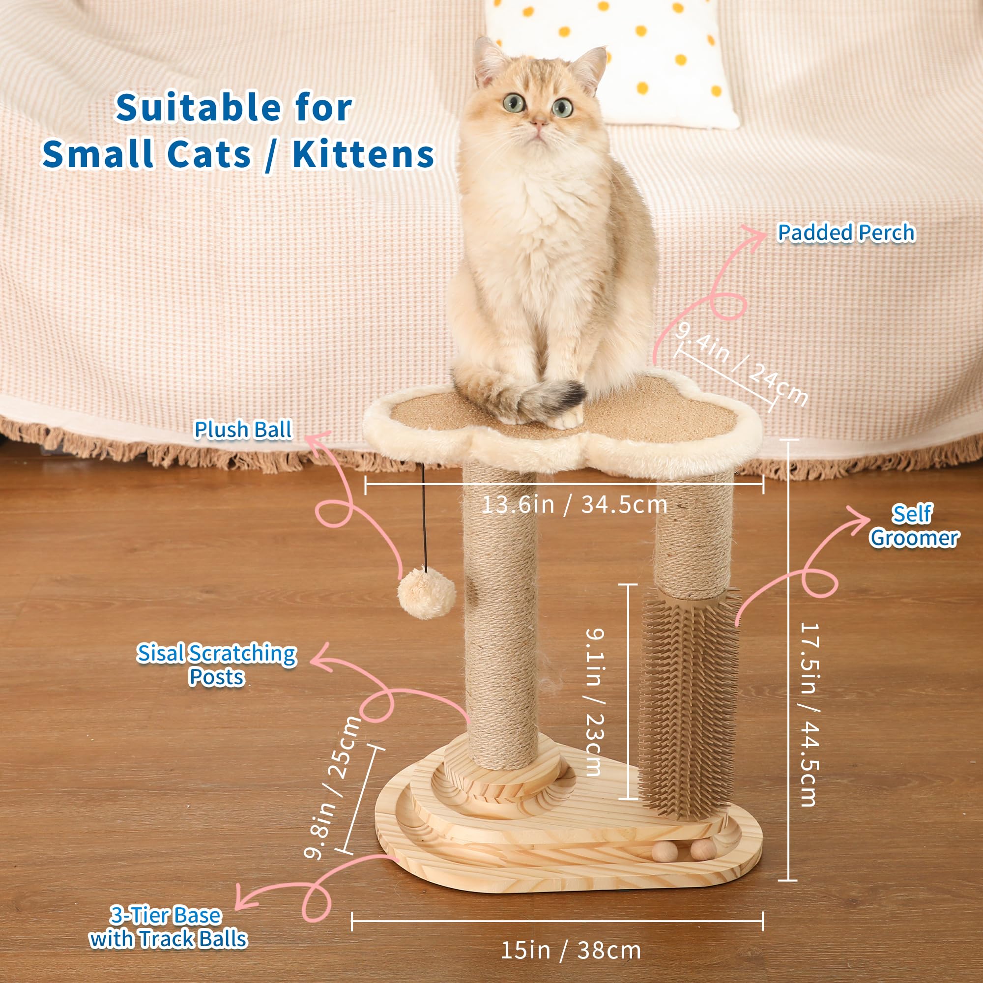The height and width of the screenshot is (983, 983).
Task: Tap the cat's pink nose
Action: (539, 122)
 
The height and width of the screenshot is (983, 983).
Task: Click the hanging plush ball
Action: (426, 593)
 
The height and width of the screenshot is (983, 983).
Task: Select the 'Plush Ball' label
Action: (243, 430)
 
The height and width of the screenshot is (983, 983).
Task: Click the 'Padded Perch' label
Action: (846, 233)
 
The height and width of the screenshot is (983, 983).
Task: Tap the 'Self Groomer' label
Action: (914, 526)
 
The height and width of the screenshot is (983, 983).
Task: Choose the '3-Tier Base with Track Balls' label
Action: (168, 927)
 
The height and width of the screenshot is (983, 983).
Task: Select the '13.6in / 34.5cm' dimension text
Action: (574, 505)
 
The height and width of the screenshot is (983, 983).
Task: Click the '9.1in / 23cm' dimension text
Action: (594, 702)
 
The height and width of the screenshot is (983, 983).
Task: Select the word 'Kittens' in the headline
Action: (363, 154)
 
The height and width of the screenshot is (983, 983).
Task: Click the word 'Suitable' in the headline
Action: (198, 108)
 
